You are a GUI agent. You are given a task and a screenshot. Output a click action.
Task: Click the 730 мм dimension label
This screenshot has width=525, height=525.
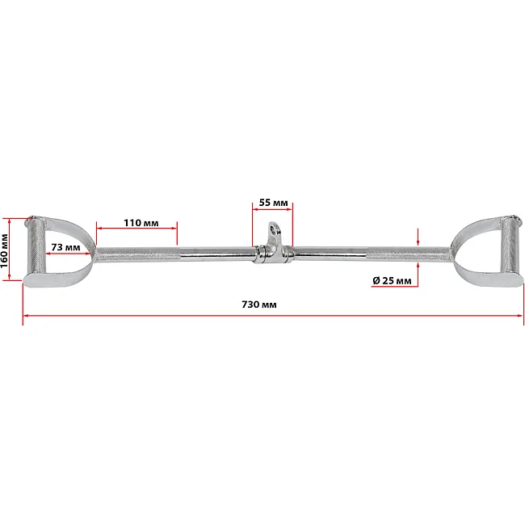pos(259,304)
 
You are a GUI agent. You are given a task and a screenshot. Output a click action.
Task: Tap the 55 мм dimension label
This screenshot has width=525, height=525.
pos(273,203)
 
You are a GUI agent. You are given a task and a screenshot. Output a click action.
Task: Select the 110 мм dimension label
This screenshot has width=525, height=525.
pos(141,223)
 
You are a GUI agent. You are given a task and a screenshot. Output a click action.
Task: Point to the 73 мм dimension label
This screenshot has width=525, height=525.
pos(65,247)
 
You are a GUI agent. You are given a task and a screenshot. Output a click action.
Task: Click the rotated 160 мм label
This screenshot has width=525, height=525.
pos(4,250)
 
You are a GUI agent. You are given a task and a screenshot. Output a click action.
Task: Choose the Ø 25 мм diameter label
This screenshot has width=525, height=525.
pos(392,280)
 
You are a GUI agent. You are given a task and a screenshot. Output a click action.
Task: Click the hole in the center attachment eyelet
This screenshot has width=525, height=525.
pos(276,230)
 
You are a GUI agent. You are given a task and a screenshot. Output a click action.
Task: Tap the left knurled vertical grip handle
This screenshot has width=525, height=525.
pos(36,246)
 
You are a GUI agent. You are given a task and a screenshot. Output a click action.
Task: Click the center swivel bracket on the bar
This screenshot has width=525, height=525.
pos(272,246)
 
